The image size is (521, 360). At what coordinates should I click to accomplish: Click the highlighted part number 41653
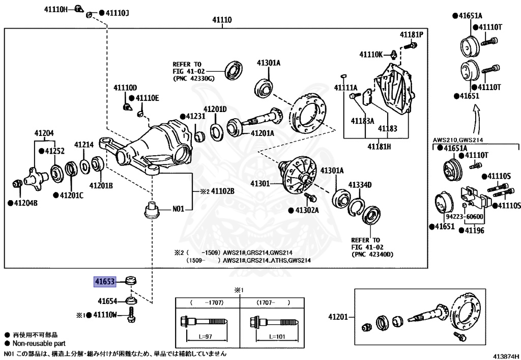(x=104, y=281)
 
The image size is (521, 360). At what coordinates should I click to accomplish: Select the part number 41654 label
(x=107, y=300)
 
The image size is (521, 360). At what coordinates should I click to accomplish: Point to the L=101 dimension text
(x=277, y=337)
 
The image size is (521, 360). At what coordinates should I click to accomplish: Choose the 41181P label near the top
(x=411, y=35)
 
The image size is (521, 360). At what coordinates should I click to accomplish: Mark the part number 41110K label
(x=372, y=54)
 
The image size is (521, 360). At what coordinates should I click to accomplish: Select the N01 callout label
(x=179, y=208)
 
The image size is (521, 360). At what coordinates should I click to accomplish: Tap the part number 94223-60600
(x=468, y=216)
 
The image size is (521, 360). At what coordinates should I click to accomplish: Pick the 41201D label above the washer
(x=215, y=109)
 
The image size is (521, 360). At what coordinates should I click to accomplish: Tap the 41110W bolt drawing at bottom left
(x=132, y=315)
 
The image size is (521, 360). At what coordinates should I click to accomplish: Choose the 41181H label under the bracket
(x=380, y=147)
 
